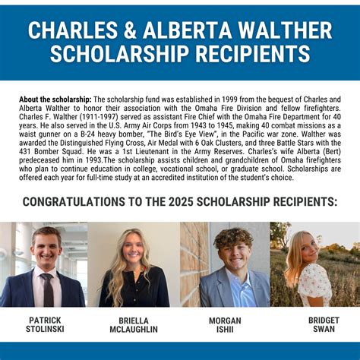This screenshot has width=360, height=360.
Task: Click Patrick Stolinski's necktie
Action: (x=48, y=289)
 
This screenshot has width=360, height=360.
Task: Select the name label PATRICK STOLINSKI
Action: (x=45, y=325)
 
